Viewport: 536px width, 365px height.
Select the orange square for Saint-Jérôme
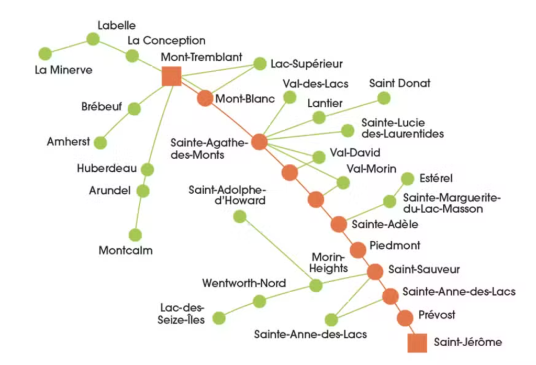(x=417, y=342)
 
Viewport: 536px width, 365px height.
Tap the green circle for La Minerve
(x=45, y=53)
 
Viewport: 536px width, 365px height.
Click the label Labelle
(x=116, y=25)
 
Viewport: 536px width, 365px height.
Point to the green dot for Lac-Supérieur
(x=260, y=63)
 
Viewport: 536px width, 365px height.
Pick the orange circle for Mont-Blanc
(x=205, y=98)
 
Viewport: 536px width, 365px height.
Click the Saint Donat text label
(x=393, y=83)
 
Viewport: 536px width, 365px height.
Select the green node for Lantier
(x=319, y=117)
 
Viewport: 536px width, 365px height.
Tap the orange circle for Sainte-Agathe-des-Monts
(x=259, y=142)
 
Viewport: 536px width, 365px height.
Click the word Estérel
(x=435, y=179)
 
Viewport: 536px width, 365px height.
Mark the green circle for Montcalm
(x=135, y=235)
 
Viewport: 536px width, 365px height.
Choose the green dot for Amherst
(x=100, y=142)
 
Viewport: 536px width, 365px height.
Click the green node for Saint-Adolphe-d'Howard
(x=240, y=216)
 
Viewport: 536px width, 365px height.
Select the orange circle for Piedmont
(x=358, y=250)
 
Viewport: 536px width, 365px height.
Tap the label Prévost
(x=437, y=315)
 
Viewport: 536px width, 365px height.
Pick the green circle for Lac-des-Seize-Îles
(x=219, y=318)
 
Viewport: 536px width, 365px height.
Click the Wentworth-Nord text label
(x=244, y=283)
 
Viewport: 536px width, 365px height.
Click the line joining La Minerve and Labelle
(x=69, y=46)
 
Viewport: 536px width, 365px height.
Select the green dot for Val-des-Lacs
(x=288, y=97)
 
